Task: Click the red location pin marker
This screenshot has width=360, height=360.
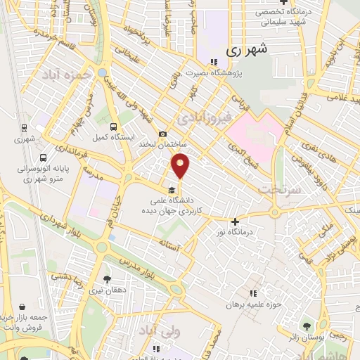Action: (181, 167)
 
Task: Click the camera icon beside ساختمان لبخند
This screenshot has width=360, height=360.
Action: (163, 134)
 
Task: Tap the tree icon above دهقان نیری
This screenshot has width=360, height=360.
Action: (107, 280)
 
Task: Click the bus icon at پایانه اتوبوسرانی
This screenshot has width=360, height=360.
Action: (44, 158)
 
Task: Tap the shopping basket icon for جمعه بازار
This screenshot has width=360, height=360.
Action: (25, 307)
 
